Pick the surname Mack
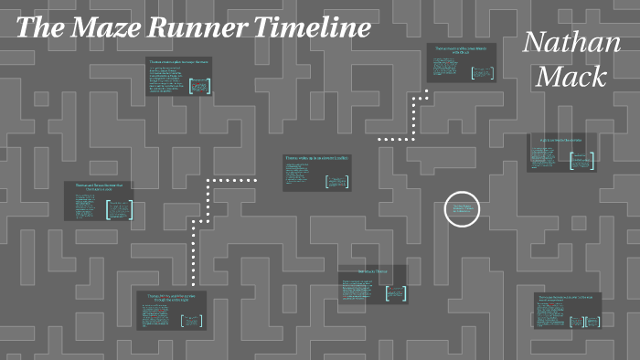(x=571, y=77)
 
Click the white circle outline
(x=462, y=209)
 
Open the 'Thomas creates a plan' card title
(x=179, y=63)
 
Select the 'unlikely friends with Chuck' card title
(x=463, y=49)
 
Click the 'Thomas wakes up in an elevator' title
(x=316, y=158)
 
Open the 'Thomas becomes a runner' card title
(x=568, y=298)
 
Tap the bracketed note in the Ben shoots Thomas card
(x=396, y=292)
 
